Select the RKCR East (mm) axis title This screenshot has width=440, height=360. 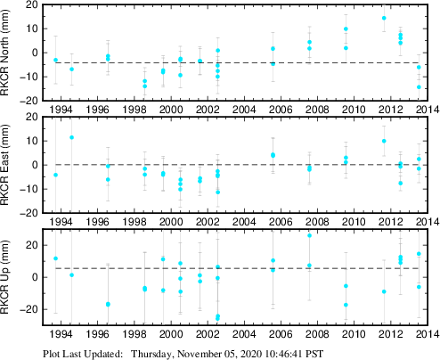click(x=9, y=165)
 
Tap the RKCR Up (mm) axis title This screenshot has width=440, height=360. click(x=9, y=277)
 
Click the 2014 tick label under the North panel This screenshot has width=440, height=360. click(x=425, y=110)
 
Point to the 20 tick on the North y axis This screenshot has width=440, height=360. click(x=31, y=4)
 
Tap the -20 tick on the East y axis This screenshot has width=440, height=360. click(x=29, y=213)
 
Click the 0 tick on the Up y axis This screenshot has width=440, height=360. click(x=35, y=277)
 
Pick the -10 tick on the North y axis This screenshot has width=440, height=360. click(x=29, y=77)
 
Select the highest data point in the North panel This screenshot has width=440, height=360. click(x=384, y=18)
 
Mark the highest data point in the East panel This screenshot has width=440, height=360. click(x=71, y=137)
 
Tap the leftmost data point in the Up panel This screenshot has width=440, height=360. click(x=55, y=258)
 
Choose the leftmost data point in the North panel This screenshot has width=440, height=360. click(x=55, y=60)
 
